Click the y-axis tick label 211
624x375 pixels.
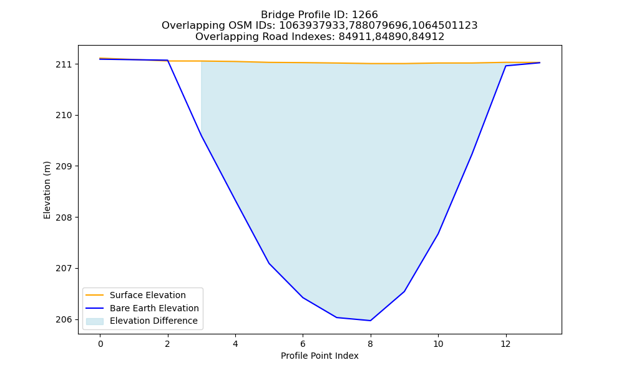click(x=64, y=64)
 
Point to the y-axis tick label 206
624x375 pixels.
click(x=64, y=319)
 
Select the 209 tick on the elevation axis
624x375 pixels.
click(x=64, y=166)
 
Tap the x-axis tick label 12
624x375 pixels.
click(x=505, y=344)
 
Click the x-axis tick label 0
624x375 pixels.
click(x=100, y=344)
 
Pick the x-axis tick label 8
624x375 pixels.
click(x=371, y=344)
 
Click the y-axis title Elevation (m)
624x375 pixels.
click(x=47, y=190)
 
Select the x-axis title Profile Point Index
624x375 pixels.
click(x=319, y=356)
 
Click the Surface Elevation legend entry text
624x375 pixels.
click(x=148, y=295)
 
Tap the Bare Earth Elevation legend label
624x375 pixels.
click(x=154, y=308)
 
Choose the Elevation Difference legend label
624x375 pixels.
click(x=154, y=321)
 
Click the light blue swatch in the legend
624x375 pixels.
click(x=95, y=321)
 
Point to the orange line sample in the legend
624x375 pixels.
click(x=95, y=295)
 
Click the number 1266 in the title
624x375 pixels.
click(x=365, y=15)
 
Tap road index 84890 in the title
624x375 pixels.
click(x=391, y=37)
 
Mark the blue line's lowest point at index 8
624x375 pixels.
click(x=371, y=321)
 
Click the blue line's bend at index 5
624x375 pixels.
click(x=269, y=263)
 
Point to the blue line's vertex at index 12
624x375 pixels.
click(x=506, y=66)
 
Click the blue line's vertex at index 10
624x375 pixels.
click(x=438, y=234)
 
